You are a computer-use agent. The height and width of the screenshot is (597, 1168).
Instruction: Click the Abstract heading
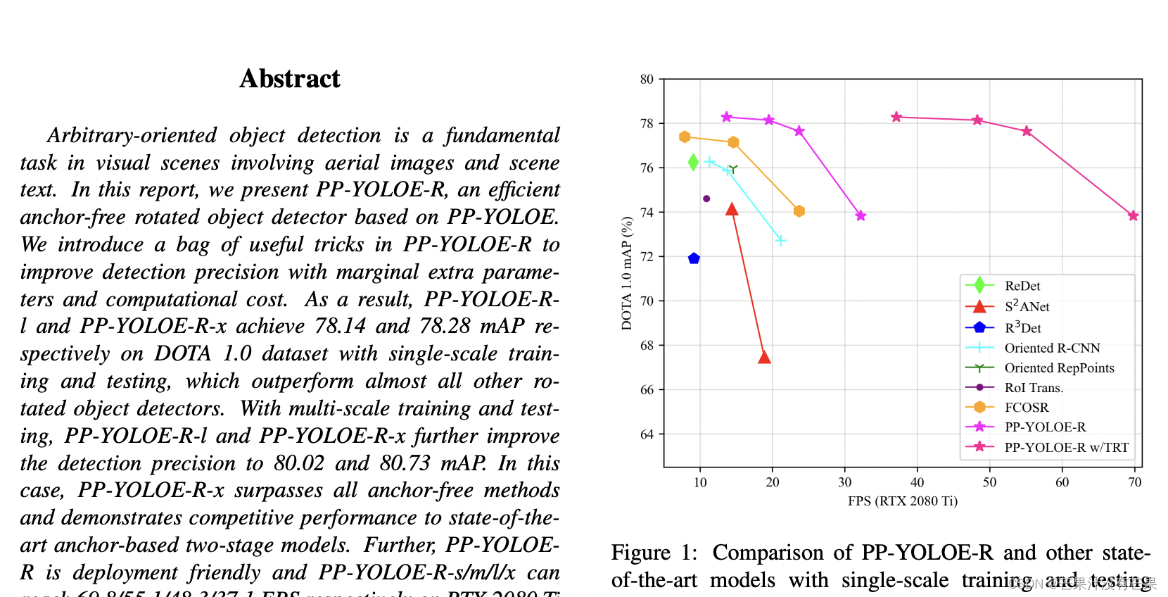[289, 79]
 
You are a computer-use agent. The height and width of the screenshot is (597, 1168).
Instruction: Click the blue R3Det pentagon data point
[694, 258]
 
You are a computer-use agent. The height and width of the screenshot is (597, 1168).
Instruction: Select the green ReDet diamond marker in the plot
[693, 163]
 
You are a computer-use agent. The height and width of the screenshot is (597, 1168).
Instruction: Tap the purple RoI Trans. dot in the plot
[706, 199]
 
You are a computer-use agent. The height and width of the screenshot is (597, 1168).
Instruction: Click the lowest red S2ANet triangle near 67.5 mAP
[764, 358]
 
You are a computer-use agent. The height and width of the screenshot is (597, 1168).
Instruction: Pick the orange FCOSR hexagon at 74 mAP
[799, 211]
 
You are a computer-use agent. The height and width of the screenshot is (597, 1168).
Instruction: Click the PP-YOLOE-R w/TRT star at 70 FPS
[1133, 216]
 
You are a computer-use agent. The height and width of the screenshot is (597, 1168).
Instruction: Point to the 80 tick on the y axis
[647, 80]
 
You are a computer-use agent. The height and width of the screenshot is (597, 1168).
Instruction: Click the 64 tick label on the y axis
[647, 434]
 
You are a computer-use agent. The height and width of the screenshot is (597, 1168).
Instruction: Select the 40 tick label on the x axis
[917, 482]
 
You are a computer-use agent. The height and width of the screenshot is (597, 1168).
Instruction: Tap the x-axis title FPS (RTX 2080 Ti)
[902, 501]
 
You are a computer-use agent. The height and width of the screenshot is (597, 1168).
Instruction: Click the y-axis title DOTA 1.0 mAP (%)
[626, 273]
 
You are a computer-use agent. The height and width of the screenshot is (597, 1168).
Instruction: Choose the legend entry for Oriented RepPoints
[1059, 367]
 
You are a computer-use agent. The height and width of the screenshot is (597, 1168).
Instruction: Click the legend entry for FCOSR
[1027, 408]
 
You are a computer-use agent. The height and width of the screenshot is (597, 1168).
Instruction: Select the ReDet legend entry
[1022, 286]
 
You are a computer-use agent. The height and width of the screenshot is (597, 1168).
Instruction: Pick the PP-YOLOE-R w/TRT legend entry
[1066, 447]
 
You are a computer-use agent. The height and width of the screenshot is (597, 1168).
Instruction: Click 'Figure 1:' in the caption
[654, 553]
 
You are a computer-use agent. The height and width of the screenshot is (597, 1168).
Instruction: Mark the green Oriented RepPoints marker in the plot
[732, 169]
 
